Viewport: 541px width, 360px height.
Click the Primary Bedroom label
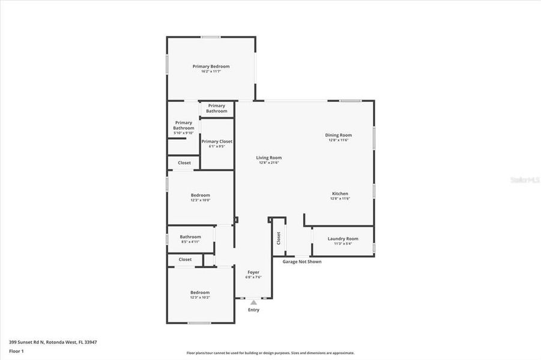211,67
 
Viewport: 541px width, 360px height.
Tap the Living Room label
270,158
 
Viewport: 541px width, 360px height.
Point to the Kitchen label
340,194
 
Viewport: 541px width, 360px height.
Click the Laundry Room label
343,239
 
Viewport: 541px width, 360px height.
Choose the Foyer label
253,272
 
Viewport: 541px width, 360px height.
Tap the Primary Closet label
217,142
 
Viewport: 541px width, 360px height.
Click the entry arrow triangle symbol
253,303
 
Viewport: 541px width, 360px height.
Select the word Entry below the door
253,310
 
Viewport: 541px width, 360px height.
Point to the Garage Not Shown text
301,262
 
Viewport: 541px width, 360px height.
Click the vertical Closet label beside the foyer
279,238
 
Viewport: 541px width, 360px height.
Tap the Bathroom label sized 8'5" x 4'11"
190,236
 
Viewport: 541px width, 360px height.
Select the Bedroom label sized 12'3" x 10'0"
201,195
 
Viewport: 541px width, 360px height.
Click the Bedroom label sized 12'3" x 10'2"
200,292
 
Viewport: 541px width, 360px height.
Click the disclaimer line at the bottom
270,353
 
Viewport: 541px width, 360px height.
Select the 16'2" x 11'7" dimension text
211,71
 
